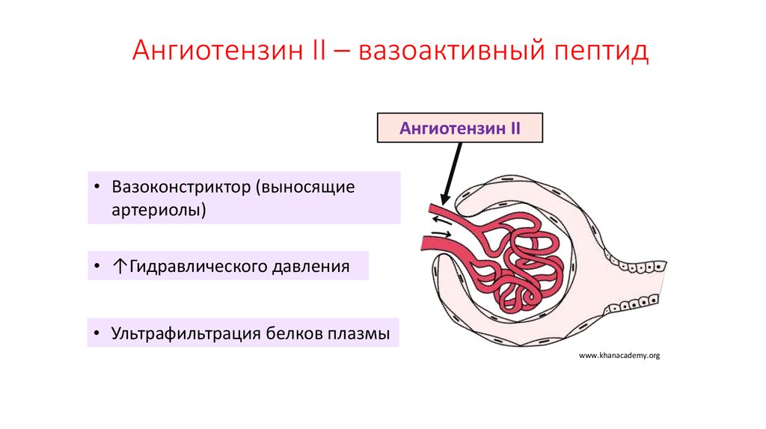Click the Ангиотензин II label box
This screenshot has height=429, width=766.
pos(459,128)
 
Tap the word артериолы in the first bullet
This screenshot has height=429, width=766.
pos(158,209)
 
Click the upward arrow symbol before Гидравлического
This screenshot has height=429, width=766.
pos(120,266)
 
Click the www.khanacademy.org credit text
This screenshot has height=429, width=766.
pos(619,357)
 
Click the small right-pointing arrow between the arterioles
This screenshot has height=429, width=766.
pos(441,235)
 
